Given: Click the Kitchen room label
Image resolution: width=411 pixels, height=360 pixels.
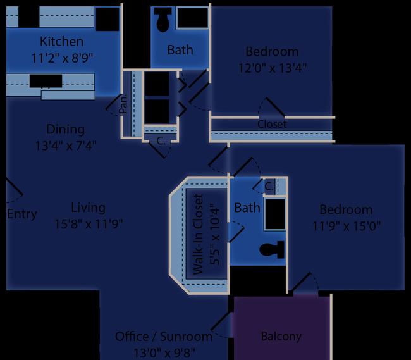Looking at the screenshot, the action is (61, 41).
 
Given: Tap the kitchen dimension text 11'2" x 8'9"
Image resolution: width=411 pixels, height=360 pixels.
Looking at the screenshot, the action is (62, 58).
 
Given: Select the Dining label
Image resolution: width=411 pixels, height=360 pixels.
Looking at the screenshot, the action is (65, 129).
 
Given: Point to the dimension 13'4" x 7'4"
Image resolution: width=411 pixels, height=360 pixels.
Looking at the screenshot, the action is (66, 146).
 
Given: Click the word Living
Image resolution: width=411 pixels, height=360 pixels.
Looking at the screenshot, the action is (88, 208).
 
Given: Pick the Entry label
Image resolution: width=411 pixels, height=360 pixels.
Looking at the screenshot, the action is (22, 214).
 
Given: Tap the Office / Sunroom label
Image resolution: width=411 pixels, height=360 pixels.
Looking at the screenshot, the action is (164, 337).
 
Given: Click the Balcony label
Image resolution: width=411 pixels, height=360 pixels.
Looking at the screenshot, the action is (281, 337).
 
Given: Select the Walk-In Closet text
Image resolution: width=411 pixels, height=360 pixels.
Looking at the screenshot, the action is (198, 234).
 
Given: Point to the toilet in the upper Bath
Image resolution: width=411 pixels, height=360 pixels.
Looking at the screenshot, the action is (163, 19).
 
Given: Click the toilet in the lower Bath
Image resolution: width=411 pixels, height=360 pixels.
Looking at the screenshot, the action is (272, 250).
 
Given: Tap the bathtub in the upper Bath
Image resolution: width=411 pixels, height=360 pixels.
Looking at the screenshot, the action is (193, 18).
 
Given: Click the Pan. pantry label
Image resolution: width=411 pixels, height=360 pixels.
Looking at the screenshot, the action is (123, 104).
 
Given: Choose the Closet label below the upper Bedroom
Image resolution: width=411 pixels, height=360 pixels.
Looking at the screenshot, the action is (272, 124).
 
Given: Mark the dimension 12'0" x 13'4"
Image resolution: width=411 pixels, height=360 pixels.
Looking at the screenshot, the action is (273, 68).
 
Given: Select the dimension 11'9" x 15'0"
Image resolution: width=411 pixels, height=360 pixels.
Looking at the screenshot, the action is (347, 226).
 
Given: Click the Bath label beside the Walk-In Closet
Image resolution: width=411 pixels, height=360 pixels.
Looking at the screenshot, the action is (247, 208).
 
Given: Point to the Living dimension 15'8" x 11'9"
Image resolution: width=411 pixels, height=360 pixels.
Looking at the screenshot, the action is (89, 224).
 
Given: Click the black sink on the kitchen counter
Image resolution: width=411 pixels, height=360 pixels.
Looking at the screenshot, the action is (46, 81).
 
